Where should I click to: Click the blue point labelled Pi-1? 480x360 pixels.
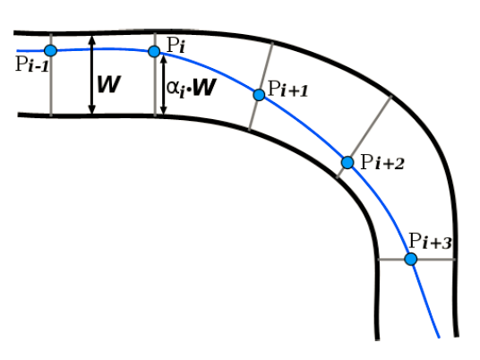click(x=50, y=50)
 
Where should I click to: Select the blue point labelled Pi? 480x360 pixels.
click(x=154, y=51)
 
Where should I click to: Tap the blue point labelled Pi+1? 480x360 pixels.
click(x=259, y=95)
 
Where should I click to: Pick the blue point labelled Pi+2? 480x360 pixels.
click(x=347, y=163)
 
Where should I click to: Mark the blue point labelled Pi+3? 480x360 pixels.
click(x=411, y=260)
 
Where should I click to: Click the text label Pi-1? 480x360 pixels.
click(x=32, y=64)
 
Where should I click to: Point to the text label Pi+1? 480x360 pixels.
click(x=287, y=89)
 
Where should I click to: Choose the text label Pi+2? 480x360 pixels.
click(x=382, y=162)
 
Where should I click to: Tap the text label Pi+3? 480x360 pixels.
click(x=430, y=241)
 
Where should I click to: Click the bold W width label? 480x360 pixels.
click(x=109, y=84)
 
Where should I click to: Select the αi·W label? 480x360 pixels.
click(x=192, y=88)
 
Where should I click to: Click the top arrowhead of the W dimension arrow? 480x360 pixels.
click(x=92, y=39)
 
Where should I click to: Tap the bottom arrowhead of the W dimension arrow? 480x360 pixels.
click(x=92, y=110)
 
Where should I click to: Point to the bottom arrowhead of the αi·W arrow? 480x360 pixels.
click(x=164, y=111)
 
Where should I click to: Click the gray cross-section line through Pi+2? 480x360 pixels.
click(x=364, y=137)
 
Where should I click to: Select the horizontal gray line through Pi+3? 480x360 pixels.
click(x=416, y=260)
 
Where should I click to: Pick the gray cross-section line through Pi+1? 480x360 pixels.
click(x=261, y=87)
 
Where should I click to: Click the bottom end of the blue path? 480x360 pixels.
click(x=439, y=338)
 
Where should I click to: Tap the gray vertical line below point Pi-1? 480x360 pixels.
click(x=51, y=86)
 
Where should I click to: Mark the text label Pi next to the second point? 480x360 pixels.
click(x=176, y=46)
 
